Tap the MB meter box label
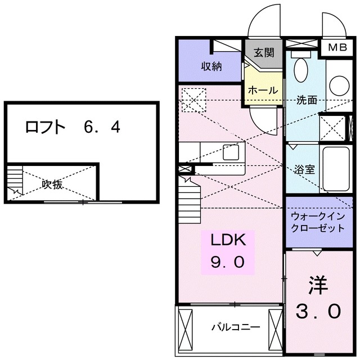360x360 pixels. point(337,47)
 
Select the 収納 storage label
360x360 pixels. point(211,66)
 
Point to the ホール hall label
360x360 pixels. point(262,90)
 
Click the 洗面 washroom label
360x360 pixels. point(307,100)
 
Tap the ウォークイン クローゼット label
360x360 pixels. point(317,223)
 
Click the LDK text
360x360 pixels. point(228,241)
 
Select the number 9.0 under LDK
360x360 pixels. point(228,263)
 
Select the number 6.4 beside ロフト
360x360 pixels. point(102,128)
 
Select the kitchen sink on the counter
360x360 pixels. point(231,151)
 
